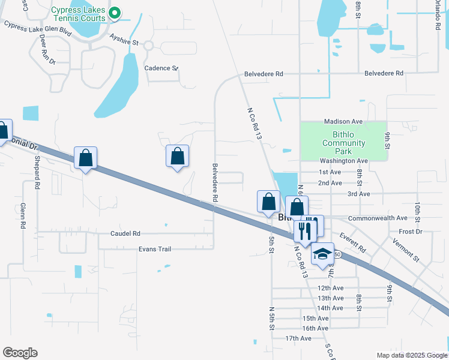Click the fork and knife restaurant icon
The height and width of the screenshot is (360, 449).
(x=305, y=230)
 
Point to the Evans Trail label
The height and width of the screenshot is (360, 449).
(x=155, y=249)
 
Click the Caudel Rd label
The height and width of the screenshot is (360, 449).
(x=125, y=233)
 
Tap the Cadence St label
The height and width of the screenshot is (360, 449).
(x=161, y=68)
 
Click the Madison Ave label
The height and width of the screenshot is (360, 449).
(x=344, y=121)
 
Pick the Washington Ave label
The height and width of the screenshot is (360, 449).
(x=343, y=161)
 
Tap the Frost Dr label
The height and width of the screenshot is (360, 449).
(x=411, y=232)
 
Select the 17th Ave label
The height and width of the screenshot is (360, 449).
(x=298, y=338)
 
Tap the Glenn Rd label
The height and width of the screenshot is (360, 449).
(x=23, y=216)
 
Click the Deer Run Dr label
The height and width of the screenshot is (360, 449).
(x=47, y=49)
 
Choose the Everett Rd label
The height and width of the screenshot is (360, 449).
(x=352, y=242)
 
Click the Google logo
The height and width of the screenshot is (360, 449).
(x=20, y=353)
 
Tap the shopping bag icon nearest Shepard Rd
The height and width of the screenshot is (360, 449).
(x=86, y=158)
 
